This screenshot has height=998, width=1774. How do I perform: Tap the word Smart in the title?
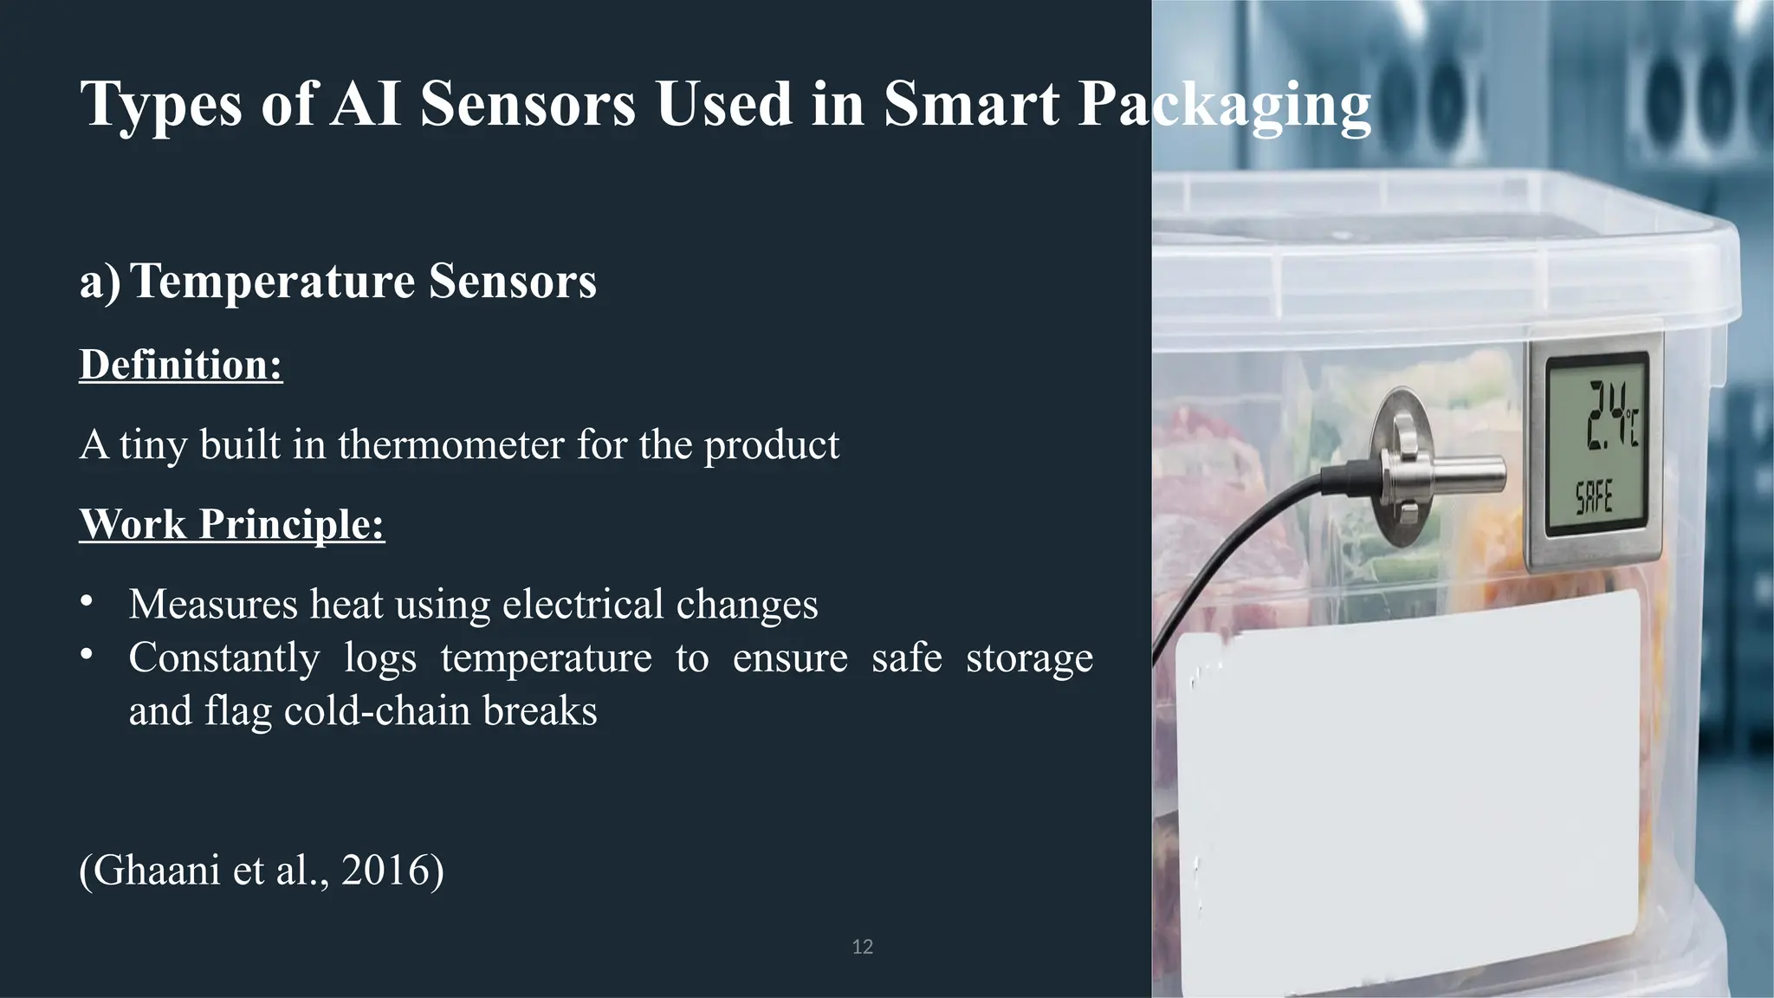click(971, 104)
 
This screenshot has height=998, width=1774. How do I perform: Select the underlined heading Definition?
click(181, 365)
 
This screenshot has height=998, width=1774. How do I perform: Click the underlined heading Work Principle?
click(232, 524)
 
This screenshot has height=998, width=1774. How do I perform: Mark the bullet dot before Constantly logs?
click(86, 655)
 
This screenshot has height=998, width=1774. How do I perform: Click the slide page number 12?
click(862, 947)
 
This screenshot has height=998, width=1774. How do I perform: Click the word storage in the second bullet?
click(1029, 658)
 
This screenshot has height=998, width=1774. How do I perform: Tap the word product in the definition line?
click(771, 445)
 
